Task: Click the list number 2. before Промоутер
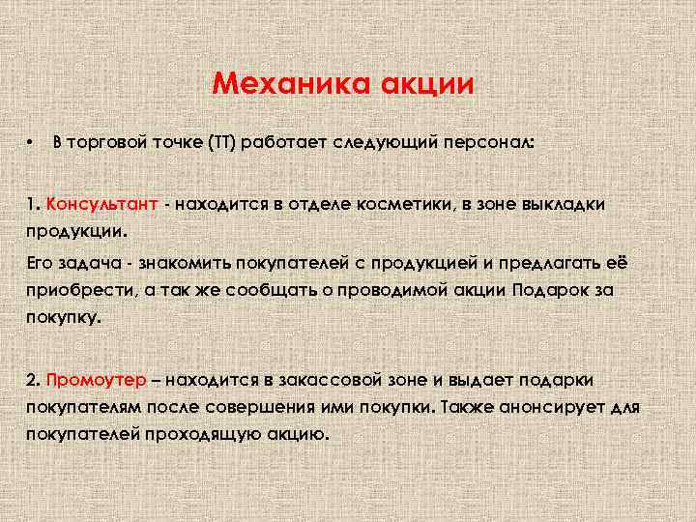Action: click(34, 378)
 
